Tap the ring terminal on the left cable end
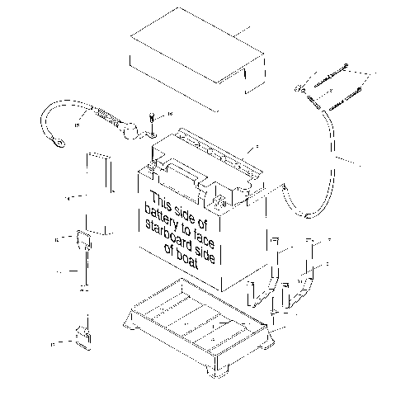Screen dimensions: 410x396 (x=58, y=147)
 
